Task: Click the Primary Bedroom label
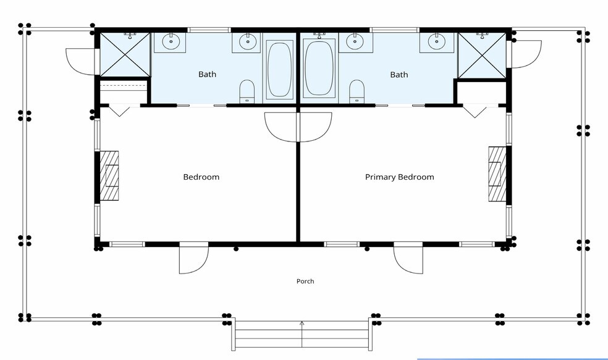click(x=399, y=177)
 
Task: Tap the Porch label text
click(x=305, y=282)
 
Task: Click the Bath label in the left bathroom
click(x=208, y=74)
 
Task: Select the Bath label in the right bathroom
click(x=399, y=74)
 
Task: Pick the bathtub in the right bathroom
click(x=319, y=69)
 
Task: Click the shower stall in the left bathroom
click(x=125, y=54)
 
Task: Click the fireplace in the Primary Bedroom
click(x=497, y=174)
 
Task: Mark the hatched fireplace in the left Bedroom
click(x=109, y=175)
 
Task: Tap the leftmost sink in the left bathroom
click(x=170, y=42)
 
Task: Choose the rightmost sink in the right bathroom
click(x=437, y=42)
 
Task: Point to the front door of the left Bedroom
click(x=194, y=259)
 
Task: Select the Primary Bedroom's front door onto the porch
click(x=408, y=259)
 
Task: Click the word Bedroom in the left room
click(x=201, y=177)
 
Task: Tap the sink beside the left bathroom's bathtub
click(x=247, y=42)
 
